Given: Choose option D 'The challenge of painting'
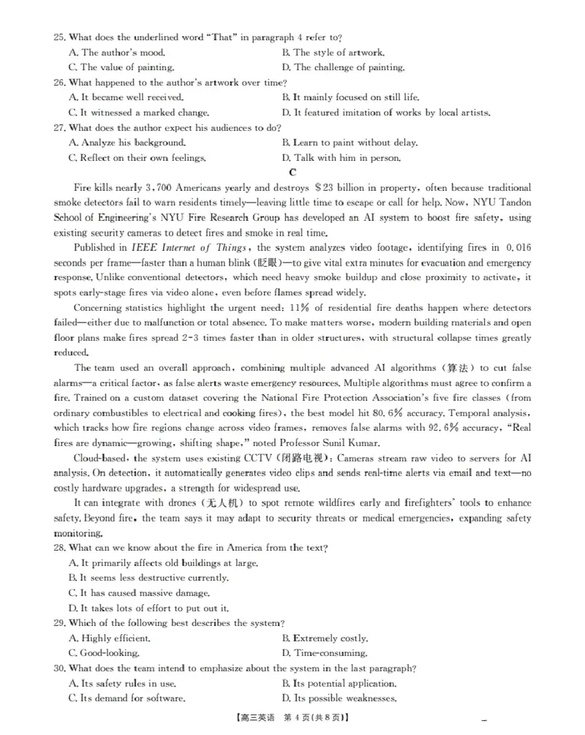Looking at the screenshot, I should point(343,67).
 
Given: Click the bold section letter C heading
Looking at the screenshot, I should point(292,173).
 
